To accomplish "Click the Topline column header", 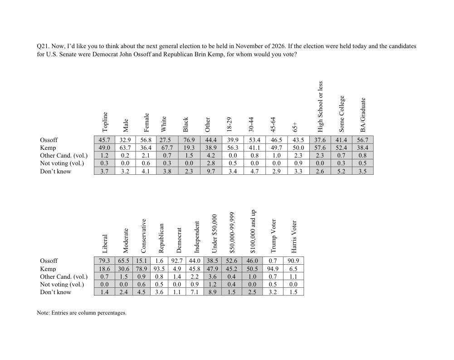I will click(x=105, y=121).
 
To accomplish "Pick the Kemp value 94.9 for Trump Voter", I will click(x=273, y=269).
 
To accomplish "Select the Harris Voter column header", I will click(x=293, y=237).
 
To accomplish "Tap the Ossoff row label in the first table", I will click(x=49, y=140).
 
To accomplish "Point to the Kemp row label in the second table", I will click(x=48, y=269).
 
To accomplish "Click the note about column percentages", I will click(x=82, y=313).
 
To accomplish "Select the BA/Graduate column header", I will click(x=363, y=115).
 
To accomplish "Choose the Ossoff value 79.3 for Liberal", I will click(x=105, y=261).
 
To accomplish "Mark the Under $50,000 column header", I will click(x=215, y=232).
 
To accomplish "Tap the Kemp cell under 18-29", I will click(x=233, y=148).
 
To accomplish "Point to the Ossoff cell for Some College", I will click(x=341, y=140).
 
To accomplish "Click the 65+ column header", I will click(x=295, y=126).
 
